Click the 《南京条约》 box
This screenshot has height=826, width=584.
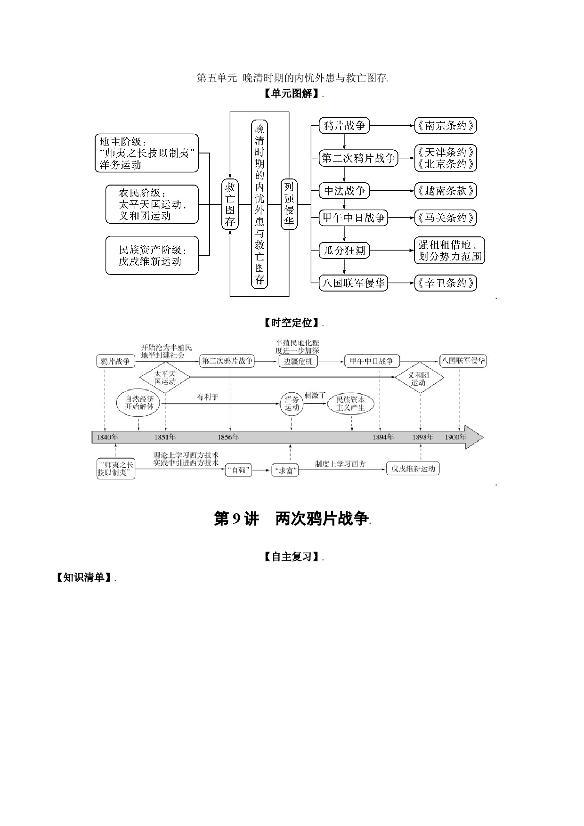coord(446,125)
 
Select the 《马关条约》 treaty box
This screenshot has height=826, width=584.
coord(446,218)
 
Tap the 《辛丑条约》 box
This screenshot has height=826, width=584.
coord(446,283)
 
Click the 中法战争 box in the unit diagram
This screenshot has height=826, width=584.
coord(344,191)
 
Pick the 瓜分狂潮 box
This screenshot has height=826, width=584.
coord(344,251)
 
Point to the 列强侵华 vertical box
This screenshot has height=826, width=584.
coord(289,204)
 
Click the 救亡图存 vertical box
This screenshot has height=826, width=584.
coord(230,204)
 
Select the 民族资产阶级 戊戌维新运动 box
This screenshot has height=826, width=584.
coord(152,256)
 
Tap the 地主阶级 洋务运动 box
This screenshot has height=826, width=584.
coord(146,153)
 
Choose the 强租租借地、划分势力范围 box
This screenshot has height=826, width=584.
coord(450,250)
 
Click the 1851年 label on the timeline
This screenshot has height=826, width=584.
coord(165,437)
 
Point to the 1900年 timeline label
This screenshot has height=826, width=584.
coord(455,437)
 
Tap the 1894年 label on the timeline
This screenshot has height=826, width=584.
coord(383,437)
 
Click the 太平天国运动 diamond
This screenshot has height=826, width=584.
coord(165,377)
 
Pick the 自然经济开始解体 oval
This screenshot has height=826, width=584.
coord(138,403)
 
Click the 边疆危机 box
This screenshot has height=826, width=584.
coord(298,361)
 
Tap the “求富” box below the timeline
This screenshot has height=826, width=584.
coord(285,470)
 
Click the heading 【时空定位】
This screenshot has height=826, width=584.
coord(292,323)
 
